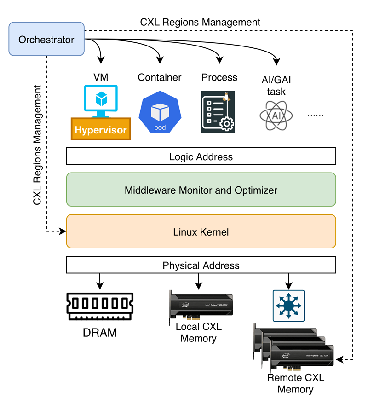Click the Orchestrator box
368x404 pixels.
[46, 40]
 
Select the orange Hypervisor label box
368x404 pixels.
[101, 129]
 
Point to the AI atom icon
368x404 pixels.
[276, 114]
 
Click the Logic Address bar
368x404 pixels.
[201, 156]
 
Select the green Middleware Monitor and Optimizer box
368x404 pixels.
[201, 190]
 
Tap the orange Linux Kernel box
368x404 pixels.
[201, 231]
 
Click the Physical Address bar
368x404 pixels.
[201, 265]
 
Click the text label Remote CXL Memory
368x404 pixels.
[295, 384]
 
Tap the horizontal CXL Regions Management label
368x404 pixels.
[200, 22]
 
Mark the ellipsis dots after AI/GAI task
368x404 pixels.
[316, 114]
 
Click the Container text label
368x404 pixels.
[160, 77]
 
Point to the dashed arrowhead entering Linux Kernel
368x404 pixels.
[63, 231]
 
